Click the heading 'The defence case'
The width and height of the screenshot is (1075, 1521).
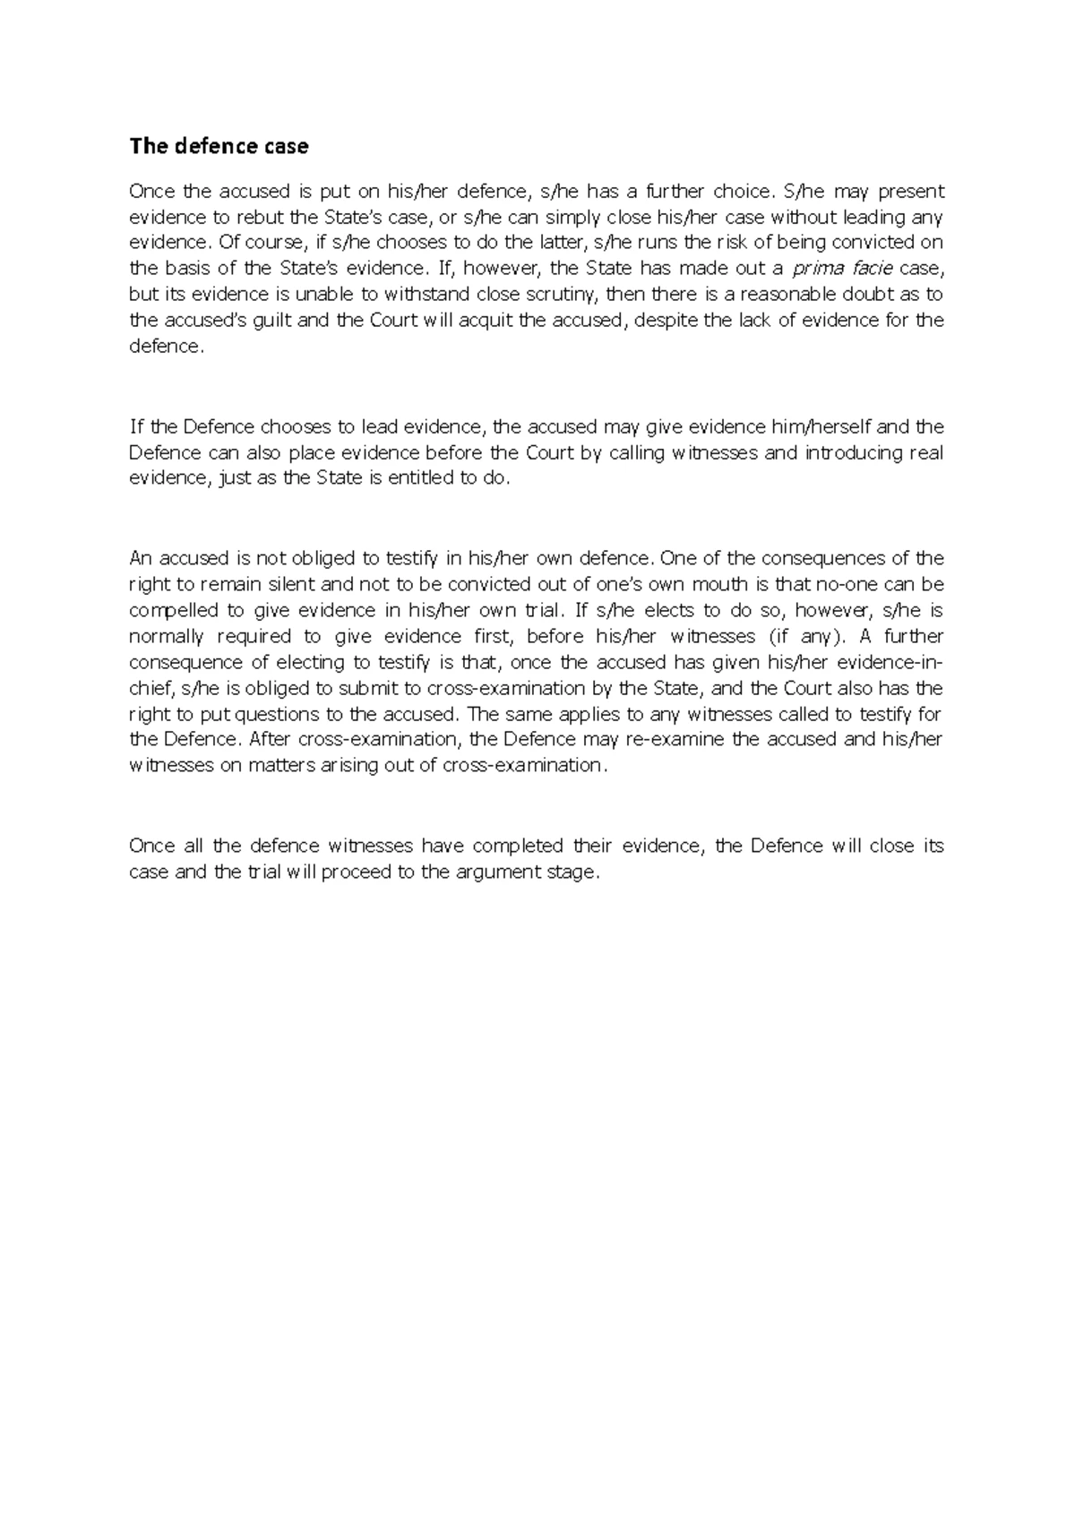tap(219, 146)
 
